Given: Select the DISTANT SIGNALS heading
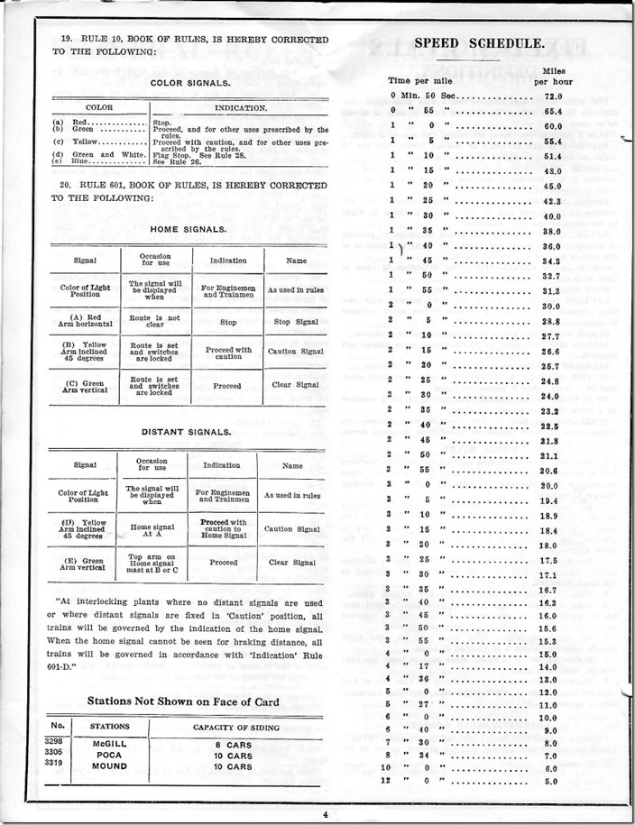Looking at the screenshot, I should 187,431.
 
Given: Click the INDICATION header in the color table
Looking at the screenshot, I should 239,107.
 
